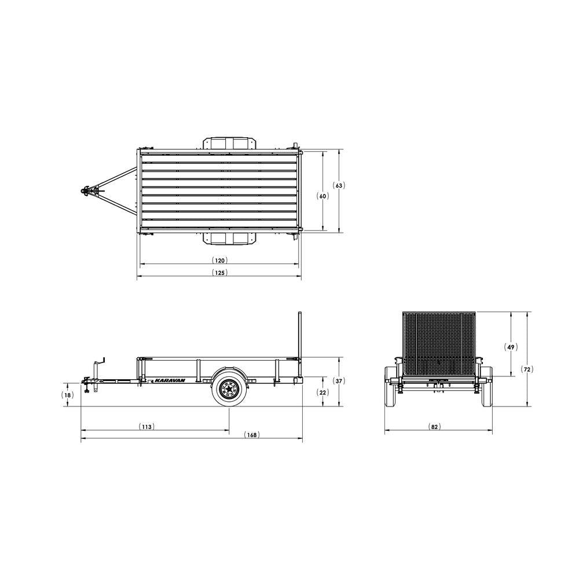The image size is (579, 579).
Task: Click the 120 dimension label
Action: click(x=219, y=261)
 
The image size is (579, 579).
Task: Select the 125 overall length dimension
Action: click(x=219, y=273)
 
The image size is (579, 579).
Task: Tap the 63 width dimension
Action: click(x=339, y=185)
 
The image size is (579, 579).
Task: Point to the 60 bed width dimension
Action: click(x=323, y=196)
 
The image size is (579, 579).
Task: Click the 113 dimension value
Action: click(x=146, y=427)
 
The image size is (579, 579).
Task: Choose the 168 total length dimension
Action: click(x=252, y=435)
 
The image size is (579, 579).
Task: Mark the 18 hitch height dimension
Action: click(x=67, y=395)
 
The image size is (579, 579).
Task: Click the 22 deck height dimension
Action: click(x=323, y=392)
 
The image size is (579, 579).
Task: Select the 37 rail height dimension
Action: click(x=339, y=381)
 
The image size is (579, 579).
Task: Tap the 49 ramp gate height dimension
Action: click(x=511, y=347)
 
